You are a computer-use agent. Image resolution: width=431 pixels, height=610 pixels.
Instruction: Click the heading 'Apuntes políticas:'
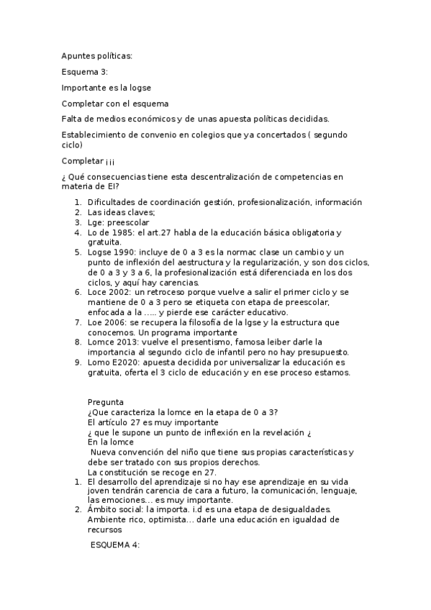pos(97,56)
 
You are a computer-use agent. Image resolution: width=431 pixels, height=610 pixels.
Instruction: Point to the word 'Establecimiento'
pos(94,135)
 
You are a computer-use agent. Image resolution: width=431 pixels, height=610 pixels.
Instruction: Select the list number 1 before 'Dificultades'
pos(78,202)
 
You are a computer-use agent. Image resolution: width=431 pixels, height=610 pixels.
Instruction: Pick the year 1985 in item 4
pos(124,232)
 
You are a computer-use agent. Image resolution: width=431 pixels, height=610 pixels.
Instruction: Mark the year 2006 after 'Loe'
pos(118,323)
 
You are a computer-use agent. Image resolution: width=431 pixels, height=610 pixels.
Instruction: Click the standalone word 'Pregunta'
pos(105,402)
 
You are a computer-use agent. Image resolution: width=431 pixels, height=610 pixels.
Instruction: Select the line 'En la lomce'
pos(110,442)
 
